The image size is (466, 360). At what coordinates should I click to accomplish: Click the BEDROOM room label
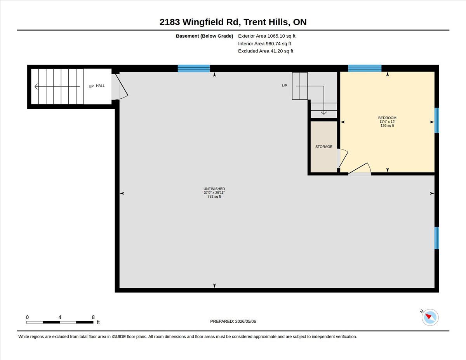pyautogui.click(x=387, y=118)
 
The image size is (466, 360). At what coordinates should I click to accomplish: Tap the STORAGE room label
pyautogui.click(x=323, y=147)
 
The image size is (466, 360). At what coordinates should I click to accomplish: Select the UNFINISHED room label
pyautogui.click(x=214, y=189)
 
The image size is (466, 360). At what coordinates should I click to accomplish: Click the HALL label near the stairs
pyautogui.click(x=100, y=86)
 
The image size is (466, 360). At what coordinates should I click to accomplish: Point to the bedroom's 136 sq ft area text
pyautogui.click(x=387, y=125)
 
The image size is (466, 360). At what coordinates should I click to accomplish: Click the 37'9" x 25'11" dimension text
pyautogui.click(x=214, y=193)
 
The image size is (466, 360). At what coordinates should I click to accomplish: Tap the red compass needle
pyautogui.click(x=428, y=316)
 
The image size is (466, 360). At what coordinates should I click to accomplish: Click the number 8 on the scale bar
pyautogui.click(x=93, y=317)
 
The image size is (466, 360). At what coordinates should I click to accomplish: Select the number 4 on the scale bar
pyautogui.click(x=60, y=317)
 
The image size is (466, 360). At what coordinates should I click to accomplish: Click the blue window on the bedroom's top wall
pyautogui.click(x=365, y=68)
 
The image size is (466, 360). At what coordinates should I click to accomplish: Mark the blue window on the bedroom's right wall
pyautogui.click(x=436, y=120)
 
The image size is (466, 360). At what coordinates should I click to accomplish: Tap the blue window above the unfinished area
pyautogui.click(x=194, y=68)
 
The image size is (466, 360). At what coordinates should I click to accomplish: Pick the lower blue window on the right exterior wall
pyautogui.click(x=436, y=238)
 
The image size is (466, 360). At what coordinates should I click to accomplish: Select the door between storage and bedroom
pyautogui.click(x=343, y=158)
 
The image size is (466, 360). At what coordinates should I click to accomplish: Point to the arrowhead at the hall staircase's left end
pyautogui.click(x=36, y=87)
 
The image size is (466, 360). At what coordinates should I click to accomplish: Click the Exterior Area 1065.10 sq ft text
pyautogui.click(x=266, y=36)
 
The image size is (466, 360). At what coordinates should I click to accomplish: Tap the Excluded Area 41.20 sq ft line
pyautogui.click(x=266, y=51)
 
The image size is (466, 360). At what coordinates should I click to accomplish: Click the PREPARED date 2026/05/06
pyautogui.click(x=245, y=321)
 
